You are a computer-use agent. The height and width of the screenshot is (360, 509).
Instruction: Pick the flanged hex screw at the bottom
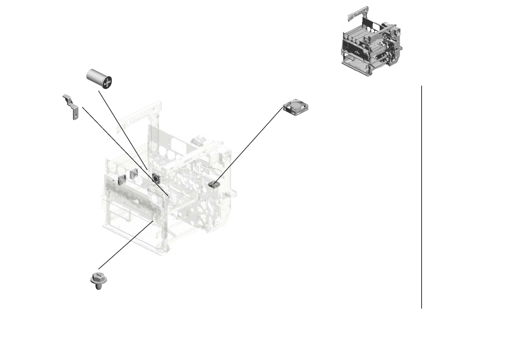point(96,279)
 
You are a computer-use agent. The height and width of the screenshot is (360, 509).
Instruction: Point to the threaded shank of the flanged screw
point(97,286)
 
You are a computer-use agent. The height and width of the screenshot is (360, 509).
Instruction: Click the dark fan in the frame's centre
point(155,178)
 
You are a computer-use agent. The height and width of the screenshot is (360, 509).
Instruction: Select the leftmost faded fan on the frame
point(121,178)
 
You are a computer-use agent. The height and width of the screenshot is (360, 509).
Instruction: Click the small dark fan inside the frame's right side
point(212,184)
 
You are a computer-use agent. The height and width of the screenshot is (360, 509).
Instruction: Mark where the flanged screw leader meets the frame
point(152,222)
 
